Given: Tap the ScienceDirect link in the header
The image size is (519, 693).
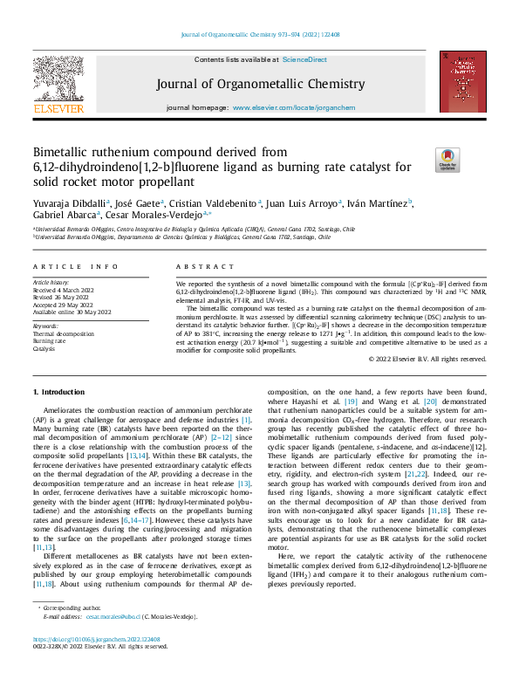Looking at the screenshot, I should coord(304,60).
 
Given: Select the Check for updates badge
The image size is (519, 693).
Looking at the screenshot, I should coord(447,159).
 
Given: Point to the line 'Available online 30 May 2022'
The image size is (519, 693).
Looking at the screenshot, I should coord(72,311).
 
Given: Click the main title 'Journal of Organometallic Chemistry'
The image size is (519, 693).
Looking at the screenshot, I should coord(259,85).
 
